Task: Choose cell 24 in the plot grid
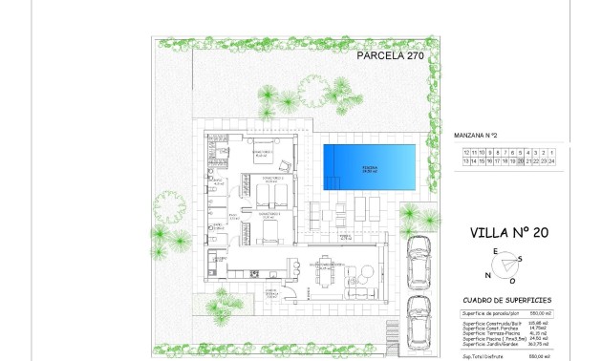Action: point(579,162)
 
